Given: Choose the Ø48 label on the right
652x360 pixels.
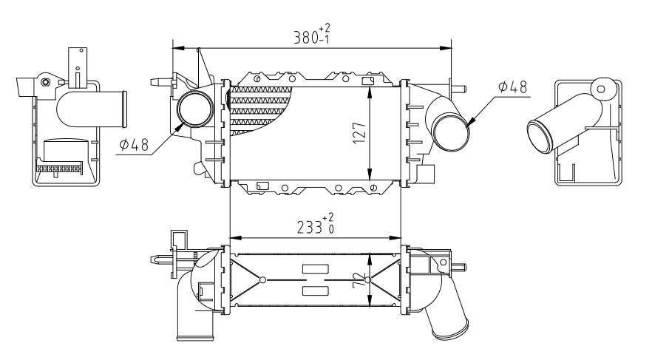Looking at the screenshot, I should (x=512, y=87).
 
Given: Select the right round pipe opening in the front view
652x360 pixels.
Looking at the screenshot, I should (x=452, y=132).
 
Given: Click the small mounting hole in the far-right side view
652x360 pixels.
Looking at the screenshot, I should (x=600, y=89).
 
